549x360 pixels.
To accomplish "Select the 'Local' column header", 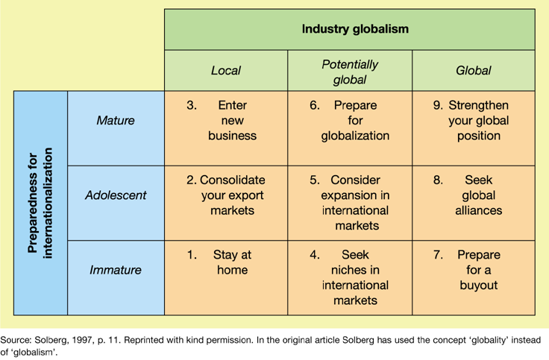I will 225,71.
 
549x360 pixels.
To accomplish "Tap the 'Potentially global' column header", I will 350,71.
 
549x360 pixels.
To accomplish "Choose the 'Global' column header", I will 473,71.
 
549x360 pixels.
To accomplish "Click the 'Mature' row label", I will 116,120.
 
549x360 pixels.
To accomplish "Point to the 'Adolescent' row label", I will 116,195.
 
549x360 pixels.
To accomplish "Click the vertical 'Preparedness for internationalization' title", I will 41,203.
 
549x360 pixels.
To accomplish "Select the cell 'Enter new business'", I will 226,121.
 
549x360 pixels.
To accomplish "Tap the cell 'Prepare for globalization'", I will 350,121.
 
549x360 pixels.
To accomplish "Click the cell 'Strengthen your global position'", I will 473,121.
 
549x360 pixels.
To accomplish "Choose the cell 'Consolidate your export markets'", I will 226,195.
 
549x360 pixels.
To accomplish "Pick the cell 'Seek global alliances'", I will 473,195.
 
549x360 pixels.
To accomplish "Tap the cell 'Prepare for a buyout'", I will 473,270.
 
